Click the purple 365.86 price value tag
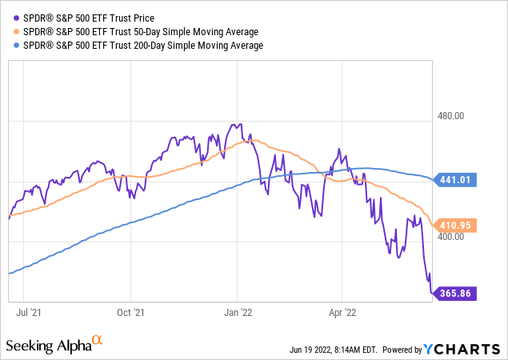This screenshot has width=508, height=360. click(456, 294)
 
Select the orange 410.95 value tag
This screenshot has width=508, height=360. click(456, 226)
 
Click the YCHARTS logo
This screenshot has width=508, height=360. click(472, 349)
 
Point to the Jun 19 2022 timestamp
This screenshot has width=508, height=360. click(332, 350)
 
